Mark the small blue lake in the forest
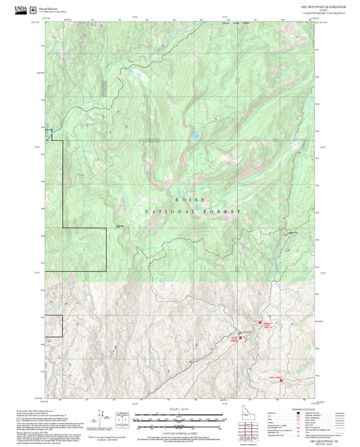click(x=195, y=136)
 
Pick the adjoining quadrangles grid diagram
click(x=248, y=430)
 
